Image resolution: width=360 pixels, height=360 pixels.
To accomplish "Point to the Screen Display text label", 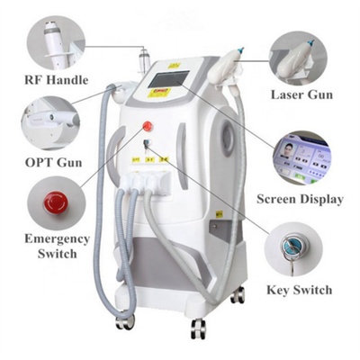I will click(301, 197).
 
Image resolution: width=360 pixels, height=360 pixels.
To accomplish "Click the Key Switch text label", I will click(299, 290).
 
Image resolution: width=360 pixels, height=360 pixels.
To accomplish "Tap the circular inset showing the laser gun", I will click(307, 55).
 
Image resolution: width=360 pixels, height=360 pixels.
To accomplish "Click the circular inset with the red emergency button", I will click(52, 201).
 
